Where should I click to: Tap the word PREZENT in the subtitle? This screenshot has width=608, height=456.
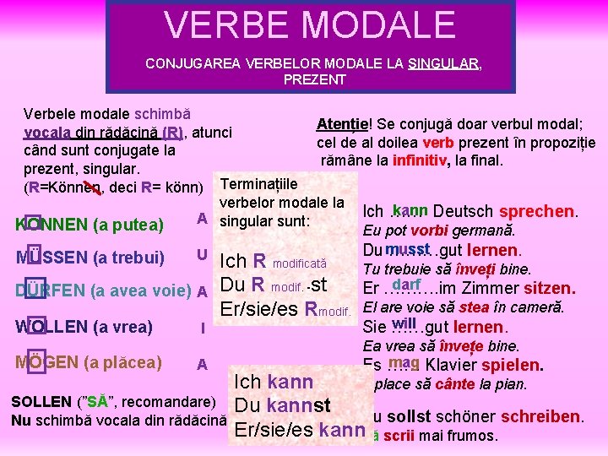click(314, 79)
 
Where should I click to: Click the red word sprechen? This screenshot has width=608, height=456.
click(538, 212)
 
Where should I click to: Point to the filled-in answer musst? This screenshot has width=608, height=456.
click(407, 248)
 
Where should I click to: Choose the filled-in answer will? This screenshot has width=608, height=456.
click(405, 322)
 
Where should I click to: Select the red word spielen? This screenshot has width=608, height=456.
click(509, 366)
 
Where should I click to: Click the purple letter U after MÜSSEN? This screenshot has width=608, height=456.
click(202, 253)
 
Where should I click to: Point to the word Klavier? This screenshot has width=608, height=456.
click(457, 366)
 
